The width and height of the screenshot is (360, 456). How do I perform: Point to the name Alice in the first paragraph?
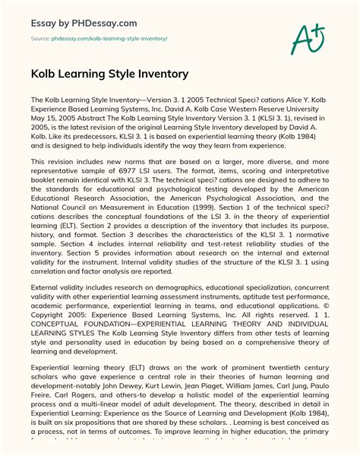pyautogui.click(x=281, y=100)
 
